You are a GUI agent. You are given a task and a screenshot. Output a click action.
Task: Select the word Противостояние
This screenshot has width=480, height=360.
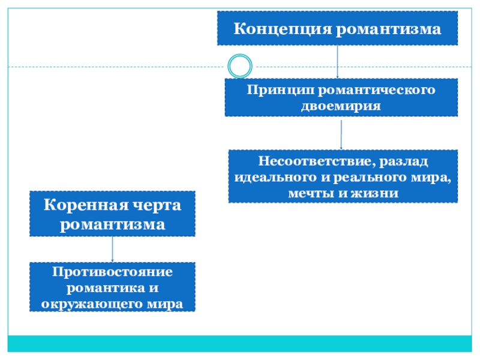[112, 272]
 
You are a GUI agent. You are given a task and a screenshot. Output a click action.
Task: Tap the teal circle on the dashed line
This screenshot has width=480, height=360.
[240, 66]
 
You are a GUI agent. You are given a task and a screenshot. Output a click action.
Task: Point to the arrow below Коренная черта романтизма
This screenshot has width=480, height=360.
[113, 248]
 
